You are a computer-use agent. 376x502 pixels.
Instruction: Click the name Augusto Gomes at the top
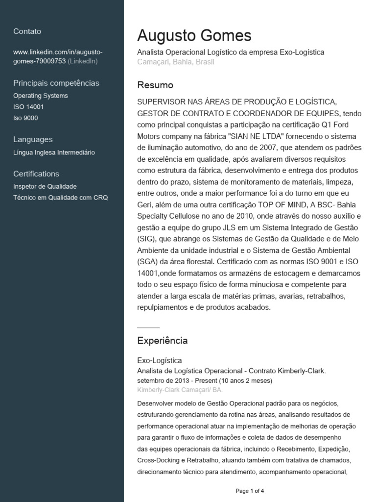(194, 36)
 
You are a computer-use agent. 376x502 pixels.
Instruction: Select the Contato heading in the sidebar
(27, 31)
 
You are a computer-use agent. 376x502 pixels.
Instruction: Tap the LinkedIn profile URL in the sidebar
(58, 56)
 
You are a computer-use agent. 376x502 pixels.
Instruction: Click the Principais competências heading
(56, 83)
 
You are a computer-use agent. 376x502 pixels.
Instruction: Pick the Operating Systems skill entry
(41, 96)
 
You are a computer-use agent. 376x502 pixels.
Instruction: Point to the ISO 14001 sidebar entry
(28, 107)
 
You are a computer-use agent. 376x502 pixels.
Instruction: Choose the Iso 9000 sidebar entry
(25, 118)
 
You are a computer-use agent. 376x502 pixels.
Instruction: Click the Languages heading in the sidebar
(33, 139)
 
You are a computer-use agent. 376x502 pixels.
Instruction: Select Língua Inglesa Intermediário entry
(54, 152)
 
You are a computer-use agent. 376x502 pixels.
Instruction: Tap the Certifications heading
(36, 174)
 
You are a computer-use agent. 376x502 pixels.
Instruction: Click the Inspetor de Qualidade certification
(45, 186)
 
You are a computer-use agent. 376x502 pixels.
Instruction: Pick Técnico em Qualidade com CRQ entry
(60, 198)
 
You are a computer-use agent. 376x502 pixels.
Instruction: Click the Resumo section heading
(155, 85)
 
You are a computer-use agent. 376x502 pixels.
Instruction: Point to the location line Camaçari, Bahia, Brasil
(176, 62)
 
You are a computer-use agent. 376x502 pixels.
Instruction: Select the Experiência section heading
(163, 340)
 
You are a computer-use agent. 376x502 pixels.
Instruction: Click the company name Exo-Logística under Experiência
(160, 361)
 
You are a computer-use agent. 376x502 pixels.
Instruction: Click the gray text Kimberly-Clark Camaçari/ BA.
(180, 390)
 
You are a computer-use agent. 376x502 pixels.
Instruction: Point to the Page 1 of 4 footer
(250, 490)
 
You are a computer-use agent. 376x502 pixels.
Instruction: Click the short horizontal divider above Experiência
(148, 327)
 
